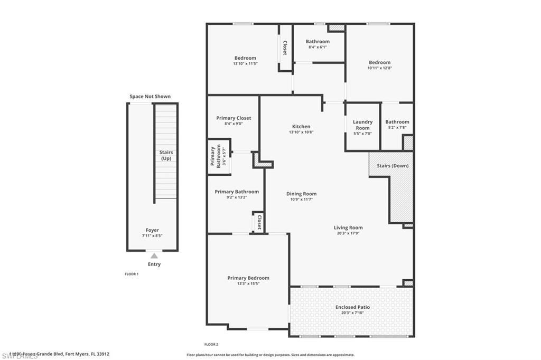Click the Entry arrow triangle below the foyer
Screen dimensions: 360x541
point(154,255)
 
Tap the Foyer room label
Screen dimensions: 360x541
point(152,230)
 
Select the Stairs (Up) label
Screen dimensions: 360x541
point(166,155)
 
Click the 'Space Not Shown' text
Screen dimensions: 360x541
point(150,97)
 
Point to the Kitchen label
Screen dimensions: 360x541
point(301,127)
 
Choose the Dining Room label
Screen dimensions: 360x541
point(301,194)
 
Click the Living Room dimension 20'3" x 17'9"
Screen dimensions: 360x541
point(348,233)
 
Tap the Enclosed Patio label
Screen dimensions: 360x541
point(352,307)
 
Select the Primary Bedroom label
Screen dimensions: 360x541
point(248,278)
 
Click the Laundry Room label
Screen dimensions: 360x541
point(362,125)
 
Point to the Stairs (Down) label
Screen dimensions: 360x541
point(393,166)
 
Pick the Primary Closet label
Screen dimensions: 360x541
point(234,118)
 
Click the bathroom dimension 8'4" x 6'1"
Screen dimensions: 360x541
point(318,47)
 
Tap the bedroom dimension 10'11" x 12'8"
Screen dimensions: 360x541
point(379,68)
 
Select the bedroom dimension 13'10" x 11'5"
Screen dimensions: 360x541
point(245,64)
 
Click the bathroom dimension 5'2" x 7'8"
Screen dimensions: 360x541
point(397,127)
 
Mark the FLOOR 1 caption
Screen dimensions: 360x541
point(131,274)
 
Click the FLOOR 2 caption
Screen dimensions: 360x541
point(211,344)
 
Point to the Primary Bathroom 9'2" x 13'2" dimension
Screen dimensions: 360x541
point(237,197)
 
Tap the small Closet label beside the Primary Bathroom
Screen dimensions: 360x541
point(259,222)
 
